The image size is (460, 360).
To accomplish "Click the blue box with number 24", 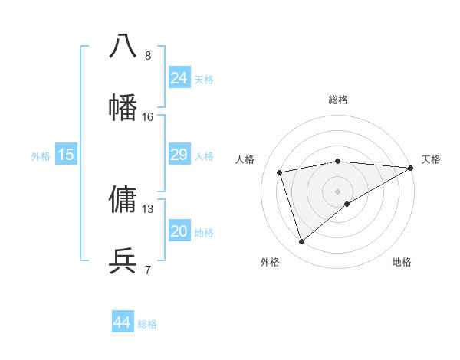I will click(179, 78).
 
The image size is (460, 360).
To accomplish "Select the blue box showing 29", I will click(179, 155).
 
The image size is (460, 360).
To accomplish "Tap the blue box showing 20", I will click(179, 231).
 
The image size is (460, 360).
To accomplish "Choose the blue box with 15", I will click(66, 155).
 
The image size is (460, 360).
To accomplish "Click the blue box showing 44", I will click(123, 322).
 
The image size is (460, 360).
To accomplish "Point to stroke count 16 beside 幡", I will click(148, 117).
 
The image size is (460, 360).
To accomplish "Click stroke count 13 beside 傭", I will click(148, 209).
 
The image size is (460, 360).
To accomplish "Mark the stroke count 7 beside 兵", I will click(148, 270).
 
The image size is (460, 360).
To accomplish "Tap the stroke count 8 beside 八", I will click(148, 56).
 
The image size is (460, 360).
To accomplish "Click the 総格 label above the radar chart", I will click(338, 100).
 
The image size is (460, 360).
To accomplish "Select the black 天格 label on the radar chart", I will click(431, 159).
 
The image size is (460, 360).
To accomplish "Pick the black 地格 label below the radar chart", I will click(402, 262).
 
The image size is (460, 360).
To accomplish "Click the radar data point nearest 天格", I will click(412, 167).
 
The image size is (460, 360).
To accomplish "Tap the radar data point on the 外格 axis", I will click(301, 242).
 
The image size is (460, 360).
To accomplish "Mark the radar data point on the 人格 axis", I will click(280, 172).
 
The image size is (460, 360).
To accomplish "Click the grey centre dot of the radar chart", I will click(338, 191).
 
